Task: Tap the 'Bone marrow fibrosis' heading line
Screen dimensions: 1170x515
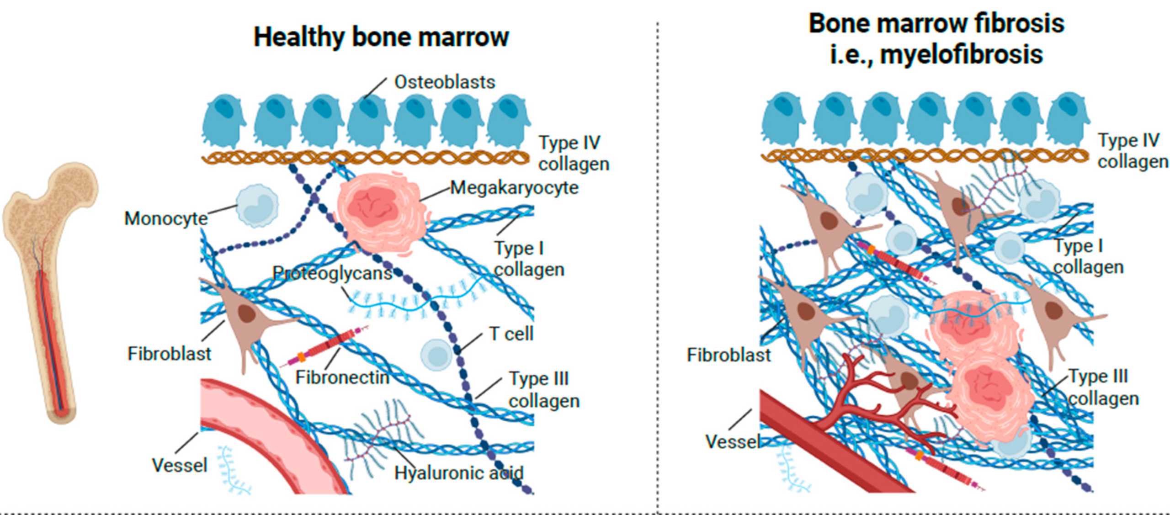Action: tap(936, 23)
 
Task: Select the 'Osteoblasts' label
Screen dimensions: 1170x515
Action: tap(445, 82)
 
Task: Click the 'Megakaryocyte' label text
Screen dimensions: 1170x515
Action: tap(515, 188)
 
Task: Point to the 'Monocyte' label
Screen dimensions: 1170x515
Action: tap(166, 218)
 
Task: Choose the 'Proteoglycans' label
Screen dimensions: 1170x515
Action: tap(332, 273)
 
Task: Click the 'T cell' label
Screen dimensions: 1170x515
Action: tap(511, 334)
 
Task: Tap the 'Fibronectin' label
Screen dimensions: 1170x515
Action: tap(342, 377)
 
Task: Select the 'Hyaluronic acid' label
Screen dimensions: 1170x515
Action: tap(459, 473)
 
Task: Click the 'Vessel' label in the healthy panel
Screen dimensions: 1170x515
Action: tap(180, 465)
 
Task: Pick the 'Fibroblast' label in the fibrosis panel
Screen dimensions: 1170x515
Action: tap(729, 355)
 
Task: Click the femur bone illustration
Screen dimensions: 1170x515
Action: tap(50, 292)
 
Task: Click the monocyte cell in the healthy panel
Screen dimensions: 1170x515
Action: tap(257, 206)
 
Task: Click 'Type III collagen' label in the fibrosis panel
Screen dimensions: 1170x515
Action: tap(1102, 388)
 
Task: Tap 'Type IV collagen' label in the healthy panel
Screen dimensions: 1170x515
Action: tap(574, 153)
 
